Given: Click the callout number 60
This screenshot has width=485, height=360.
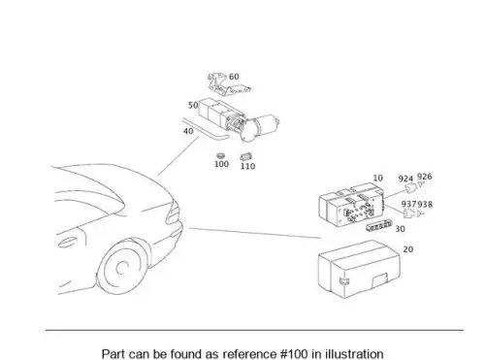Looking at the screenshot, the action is tap(234, 77).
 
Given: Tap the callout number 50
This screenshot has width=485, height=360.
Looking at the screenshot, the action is tap(193, 106).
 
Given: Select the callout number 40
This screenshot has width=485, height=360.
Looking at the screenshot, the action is tap(188, 131).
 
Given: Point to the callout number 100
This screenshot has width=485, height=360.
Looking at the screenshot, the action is tap(221, 164).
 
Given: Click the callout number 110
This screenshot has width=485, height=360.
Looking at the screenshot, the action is tap(247, 166).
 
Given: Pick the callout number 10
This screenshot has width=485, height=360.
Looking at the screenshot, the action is tap(378, 179).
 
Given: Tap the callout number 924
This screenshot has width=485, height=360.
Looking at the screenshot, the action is tap(405, 179).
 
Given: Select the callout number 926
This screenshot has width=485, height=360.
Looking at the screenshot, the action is tap(425, 177).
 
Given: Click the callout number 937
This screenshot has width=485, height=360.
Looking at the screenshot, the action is tap(409, 204).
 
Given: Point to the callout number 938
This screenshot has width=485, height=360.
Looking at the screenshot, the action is tap(425, 205).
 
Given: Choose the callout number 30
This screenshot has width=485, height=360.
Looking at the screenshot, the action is tap(400, 229).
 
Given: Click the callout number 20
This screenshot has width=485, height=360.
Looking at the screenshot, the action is tap(408, 249).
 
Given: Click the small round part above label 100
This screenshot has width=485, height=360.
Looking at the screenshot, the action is tap(221, 156).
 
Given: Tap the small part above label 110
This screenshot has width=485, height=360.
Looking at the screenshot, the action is tap(246, 157).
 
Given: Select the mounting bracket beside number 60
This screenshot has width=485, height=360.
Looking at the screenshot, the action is tap(229, 84).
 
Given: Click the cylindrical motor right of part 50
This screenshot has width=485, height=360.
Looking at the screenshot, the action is tap(262, 127).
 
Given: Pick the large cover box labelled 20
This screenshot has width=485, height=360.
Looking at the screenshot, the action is tap(359, 269).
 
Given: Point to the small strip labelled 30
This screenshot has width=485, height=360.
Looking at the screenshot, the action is tap(379, 226).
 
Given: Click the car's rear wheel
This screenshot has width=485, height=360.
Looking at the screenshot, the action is tap(123, 267).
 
